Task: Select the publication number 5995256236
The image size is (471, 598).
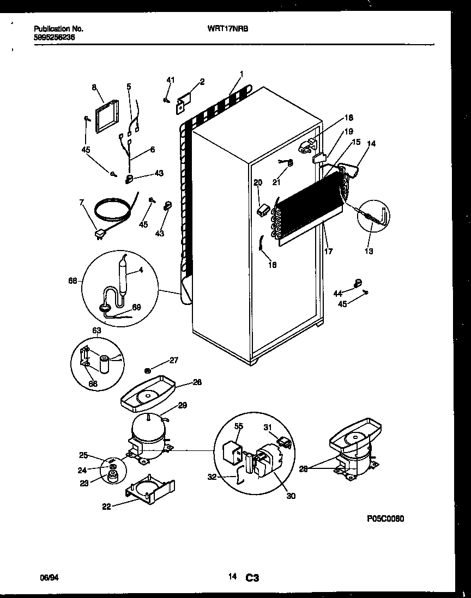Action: coord(55,38)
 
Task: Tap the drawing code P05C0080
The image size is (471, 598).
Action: coord(385,520)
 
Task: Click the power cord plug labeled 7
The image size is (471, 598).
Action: coord(100,234)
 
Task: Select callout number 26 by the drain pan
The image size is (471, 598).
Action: coord(197,383)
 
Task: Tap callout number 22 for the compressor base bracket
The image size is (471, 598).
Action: coord(106,507)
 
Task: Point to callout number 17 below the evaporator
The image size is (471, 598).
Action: coord(328,252)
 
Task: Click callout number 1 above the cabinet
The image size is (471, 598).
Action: coord(241,74)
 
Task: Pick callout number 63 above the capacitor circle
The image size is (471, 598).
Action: coord(96,330)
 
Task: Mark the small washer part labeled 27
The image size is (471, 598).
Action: coord(155,370)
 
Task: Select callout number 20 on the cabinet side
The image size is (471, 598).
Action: coord(258,182)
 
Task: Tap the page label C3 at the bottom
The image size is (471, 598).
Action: coord(251,577)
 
